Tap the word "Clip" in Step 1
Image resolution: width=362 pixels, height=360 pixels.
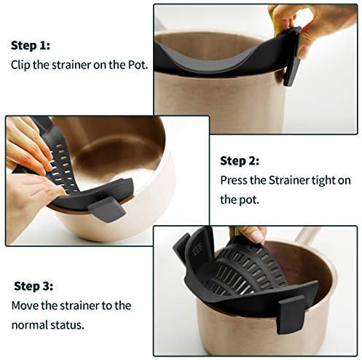pyautogui.click(x=21, y=64)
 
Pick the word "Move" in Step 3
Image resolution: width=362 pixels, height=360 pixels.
pyautogui.click(x=24, y=306)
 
